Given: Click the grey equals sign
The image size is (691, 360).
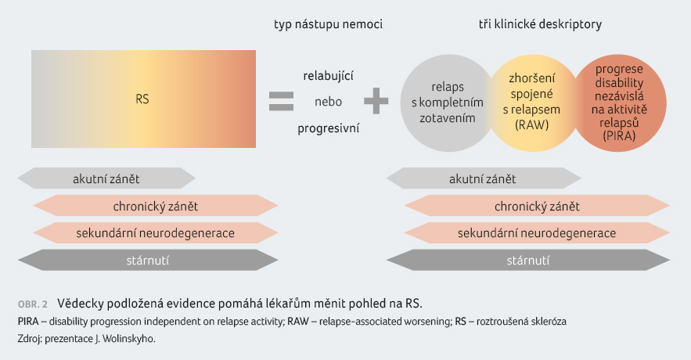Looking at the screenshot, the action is (281, 101).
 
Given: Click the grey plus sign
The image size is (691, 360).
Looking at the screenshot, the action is (376, 101).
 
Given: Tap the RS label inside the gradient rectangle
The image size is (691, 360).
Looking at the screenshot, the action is (142, 99).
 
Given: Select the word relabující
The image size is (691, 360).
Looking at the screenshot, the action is (329, 76).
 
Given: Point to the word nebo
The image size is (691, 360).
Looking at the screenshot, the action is (329, 102).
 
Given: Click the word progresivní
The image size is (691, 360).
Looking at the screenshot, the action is (329, 128).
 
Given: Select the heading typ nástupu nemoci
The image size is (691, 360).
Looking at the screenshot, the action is (329, 24).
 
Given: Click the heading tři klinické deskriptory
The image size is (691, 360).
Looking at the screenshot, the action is (540, 24).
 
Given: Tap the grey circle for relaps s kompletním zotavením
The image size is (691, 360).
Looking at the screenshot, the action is (445, 103).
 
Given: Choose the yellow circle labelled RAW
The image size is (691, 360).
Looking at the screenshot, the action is (532, 103).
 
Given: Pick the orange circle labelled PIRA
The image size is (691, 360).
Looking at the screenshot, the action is (619, 103).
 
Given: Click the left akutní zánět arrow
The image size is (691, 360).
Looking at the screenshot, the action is (106, 178).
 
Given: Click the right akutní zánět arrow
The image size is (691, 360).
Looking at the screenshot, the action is (484, 178).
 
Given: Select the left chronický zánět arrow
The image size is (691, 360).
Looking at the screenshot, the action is (156, 206).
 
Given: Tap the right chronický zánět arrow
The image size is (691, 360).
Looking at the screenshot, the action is (537, 206).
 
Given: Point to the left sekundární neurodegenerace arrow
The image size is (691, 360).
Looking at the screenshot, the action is (156, 232).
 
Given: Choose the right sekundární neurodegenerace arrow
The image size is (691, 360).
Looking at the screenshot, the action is (537, 232).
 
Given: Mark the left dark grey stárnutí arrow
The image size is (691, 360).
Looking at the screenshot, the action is (148, 260).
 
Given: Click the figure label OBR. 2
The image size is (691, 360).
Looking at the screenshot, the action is (33, 304).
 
